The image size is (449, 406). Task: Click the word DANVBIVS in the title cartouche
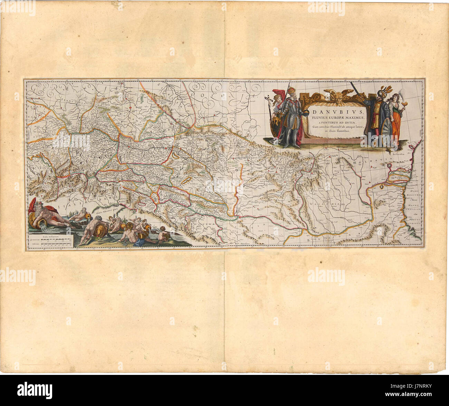pyautogui.click(x=334, y=112)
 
